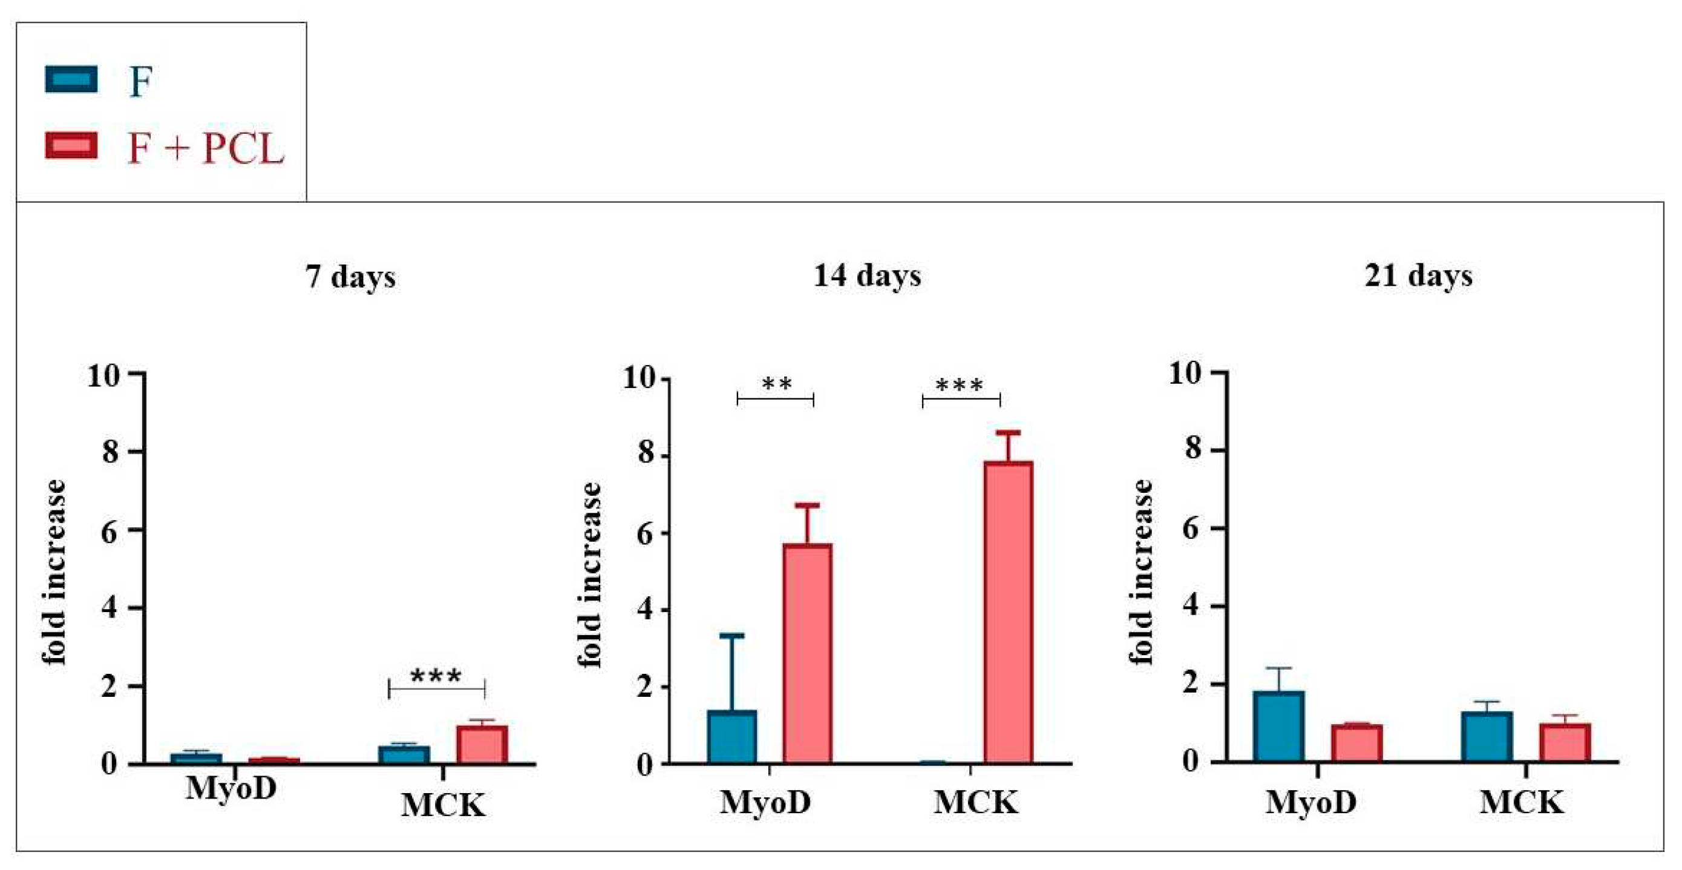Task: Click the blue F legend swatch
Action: coord(71,80)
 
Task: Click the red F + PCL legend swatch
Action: coord(71,146)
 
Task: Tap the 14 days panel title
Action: coord(867,275)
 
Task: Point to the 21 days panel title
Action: coord(1418,275)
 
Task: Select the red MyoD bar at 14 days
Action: coord(807,653)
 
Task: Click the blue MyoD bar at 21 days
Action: coord(1278,727)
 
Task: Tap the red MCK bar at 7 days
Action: coord(482,745)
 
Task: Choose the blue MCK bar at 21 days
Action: coord(1487,736)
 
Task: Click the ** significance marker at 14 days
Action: coord(776,384)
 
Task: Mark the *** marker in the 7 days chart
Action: coord(436,676)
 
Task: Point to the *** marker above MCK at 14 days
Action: coord(959,386)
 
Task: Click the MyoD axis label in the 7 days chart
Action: coord(231,788)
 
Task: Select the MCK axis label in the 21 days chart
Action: coord(1522,802)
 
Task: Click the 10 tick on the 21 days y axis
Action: coord(1185,374)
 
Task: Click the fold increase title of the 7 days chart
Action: coord(55,572)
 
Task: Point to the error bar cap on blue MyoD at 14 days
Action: coord(732,635)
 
